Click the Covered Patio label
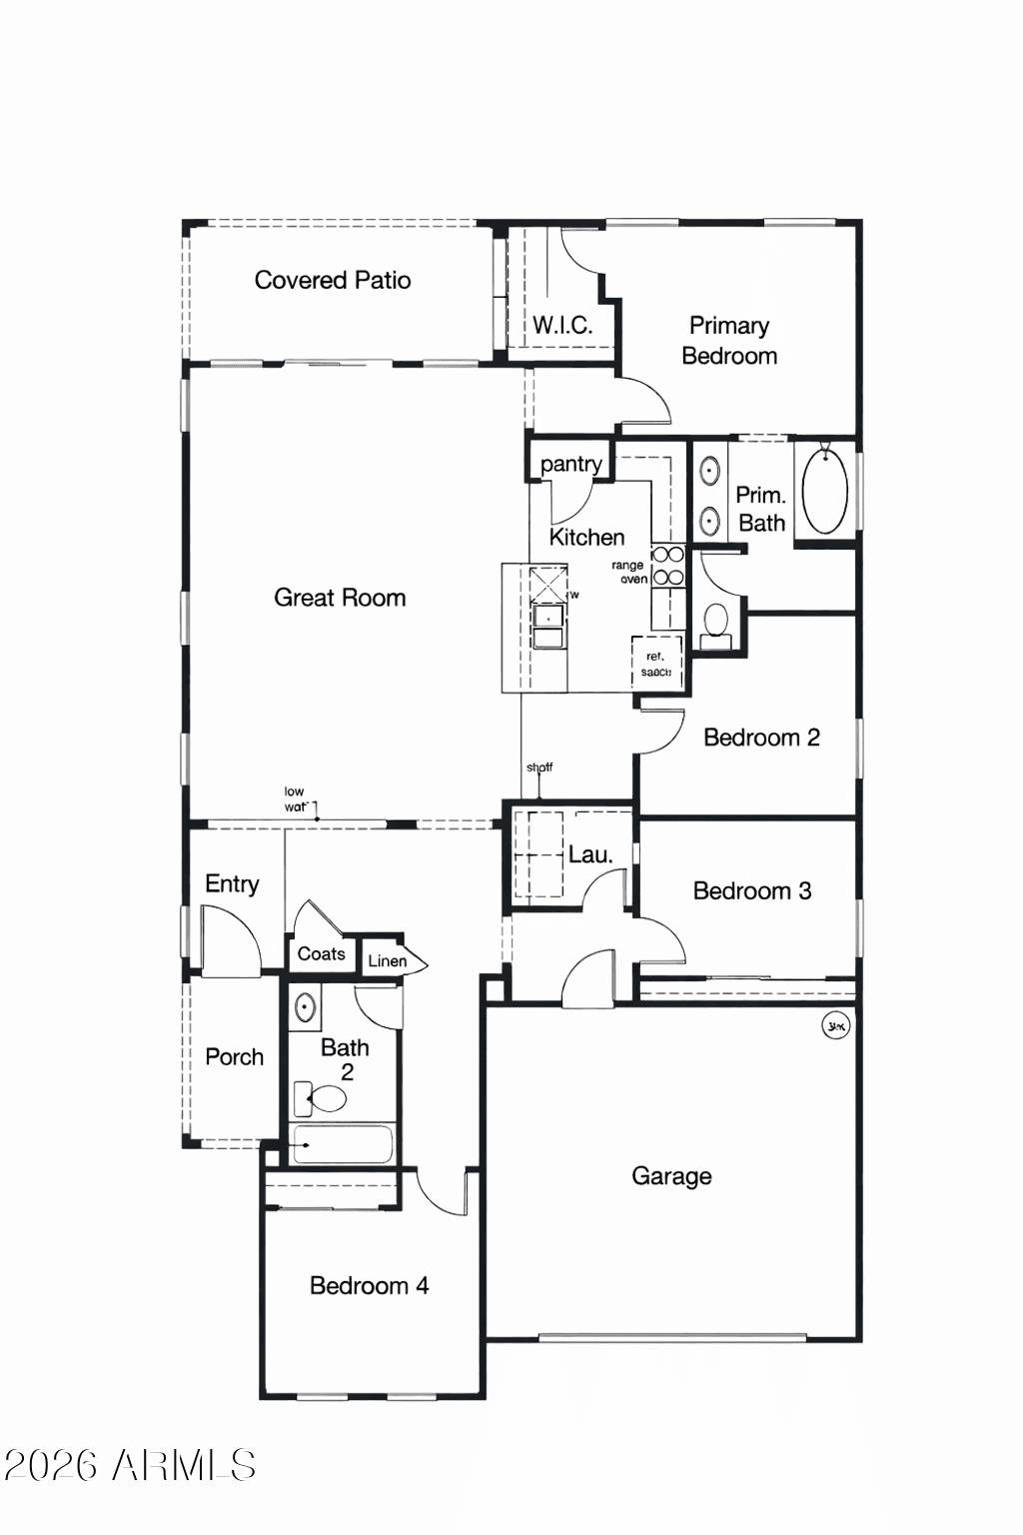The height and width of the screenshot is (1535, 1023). coord(332,280)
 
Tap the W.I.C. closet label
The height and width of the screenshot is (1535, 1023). coord(561,325)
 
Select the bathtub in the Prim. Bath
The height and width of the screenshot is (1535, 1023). coord(825,490)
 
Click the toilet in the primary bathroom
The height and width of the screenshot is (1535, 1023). coord(715,622)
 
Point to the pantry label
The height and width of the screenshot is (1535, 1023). coord(570,464)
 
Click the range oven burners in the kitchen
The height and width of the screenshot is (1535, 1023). coord(668,566)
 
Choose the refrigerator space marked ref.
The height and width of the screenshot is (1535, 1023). coord(656,664)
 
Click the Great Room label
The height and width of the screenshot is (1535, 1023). coord(340,598)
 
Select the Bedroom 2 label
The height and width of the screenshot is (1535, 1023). coord(761,738)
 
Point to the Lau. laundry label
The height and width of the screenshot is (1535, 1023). coord(589,854)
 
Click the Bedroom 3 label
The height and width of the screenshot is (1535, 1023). coord(751,890)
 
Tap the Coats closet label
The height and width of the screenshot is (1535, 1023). coord(321,953)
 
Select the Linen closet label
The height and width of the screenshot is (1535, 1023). coord(387,960)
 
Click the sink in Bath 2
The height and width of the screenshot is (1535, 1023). coord(305,1007)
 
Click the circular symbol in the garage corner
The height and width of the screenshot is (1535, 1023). coord(835,1025)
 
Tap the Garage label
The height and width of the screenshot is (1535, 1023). coord(671,1176)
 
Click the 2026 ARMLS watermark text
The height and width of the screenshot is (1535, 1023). coord(130,1466)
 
